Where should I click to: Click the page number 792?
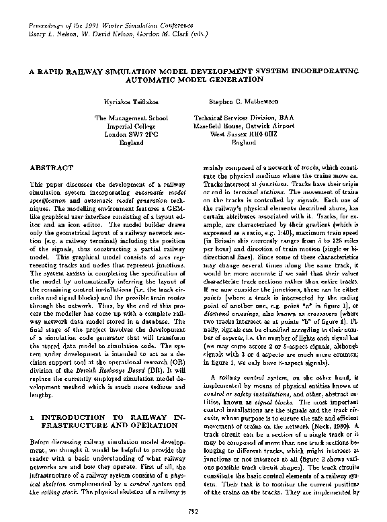193,513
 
